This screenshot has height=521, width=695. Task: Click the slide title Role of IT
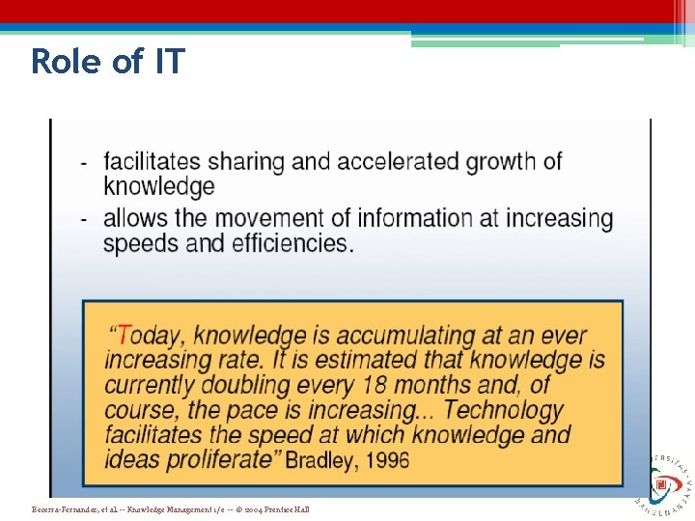coord(107,62)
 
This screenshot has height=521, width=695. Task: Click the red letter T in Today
coord(126,336)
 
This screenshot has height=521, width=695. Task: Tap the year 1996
coord(389,459)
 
